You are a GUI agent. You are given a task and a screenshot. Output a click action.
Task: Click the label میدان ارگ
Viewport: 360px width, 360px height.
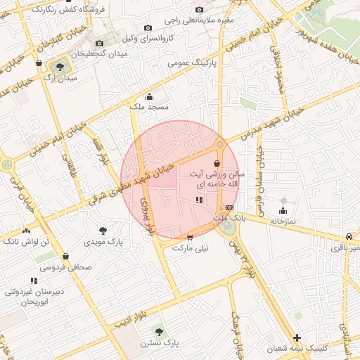pos(59,79)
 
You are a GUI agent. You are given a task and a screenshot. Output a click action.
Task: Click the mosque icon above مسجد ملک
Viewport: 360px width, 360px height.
pos(148,97)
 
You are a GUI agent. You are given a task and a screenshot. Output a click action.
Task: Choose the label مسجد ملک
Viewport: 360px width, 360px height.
pos(148,108)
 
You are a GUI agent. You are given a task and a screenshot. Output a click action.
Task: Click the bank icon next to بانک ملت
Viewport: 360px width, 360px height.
pos(230,207)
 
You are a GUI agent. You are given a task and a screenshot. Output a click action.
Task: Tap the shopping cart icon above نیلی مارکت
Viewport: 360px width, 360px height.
pos(189,238)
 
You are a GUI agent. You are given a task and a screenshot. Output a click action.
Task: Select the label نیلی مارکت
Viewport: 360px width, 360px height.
pos(191,248)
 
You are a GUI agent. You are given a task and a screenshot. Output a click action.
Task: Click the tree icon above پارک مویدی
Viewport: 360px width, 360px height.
pos(103,230)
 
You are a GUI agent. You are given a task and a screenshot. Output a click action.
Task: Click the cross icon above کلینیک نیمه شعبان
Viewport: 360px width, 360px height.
pos(297,337)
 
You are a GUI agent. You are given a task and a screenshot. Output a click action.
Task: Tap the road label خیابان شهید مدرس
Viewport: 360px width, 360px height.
pos(270,122)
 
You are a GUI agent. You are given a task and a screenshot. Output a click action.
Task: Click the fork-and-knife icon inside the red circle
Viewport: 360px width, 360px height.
pos(199,200)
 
